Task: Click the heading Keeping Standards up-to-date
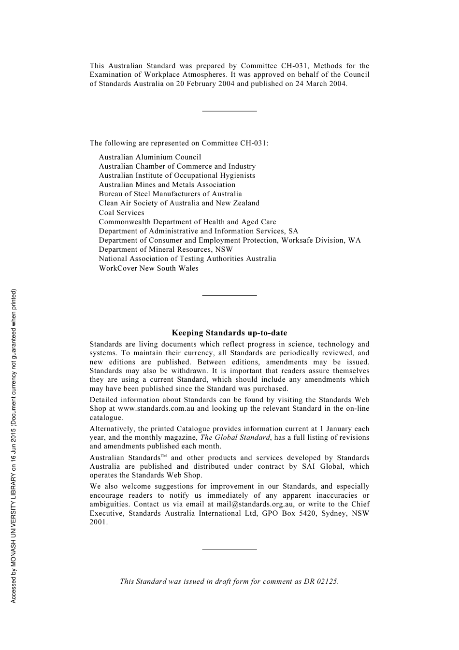tap(229, 333)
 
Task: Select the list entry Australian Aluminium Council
tap(150, 157)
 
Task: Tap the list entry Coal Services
tap(121, 213)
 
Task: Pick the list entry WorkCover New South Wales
tap(148, 268)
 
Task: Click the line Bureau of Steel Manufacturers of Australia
tap(170, 194)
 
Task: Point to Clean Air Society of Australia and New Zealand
tap(179, 203)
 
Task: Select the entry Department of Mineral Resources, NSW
tap(166, 249)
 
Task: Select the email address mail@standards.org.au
tap(255, 504)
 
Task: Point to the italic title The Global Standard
tap(235, 437)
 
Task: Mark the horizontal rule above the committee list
tap(229, 111)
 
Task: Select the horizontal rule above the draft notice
tap(229, 549)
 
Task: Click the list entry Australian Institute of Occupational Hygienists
tap(177, 175)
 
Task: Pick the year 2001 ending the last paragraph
tap(99, 522)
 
